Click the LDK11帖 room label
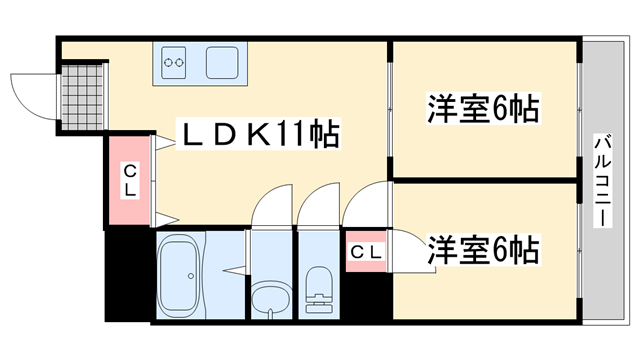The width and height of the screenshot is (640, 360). [x=258, y=133]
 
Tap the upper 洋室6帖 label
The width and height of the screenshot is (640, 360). [x=484, y=108]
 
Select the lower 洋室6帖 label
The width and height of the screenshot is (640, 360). [x=484, y=249]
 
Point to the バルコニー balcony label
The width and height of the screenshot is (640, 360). [x=603, y=180]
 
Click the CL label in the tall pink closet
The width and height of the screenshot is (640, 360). [x=130, y=180]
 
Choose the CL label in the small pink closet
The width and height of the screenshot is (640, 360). [x=366, y=252]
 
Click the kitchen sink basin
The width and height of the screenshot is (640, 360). [x=222, y=62]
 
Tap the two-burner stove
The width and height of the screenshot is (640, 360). [x=174, y=62]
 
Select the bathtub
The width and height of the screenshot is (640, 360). [x=180, y=276]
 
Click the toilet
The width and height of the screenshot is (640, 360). [x=319, y=290]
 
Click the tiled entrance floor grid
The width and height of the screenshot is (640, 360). [x=82, y=97]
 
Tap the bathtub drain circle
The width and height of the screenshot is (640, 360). [x=191, y=276]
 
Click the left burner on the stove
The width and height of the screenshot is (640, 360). [x=168, y=62]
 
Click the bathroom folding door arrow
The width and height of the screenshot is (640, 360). [x=234, y=270]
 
